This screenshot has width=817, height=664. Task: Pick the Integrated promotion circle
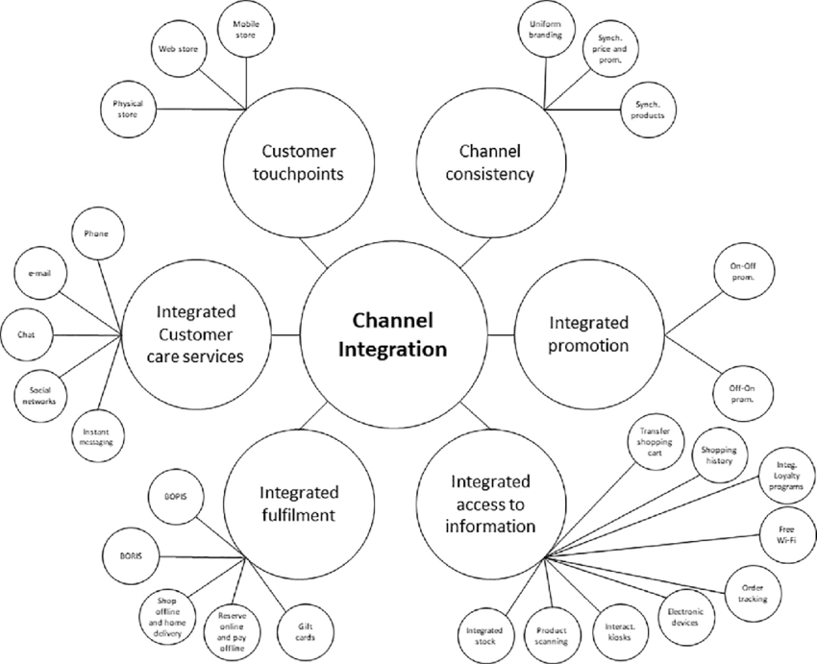[x=588, y=333]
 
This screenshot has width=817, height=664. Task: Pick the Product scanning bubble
[x=552, y=634]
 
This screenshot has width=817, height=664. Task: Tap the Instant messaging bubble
[x=97, y=435]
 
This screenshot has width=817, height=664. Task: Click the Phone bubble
[x=97, y=233]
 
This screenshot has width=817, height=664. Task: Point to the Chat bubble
[x=26, y=334]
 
